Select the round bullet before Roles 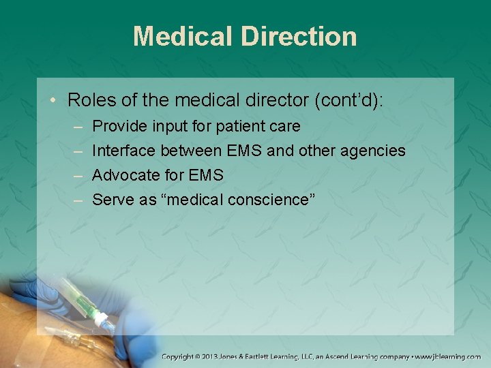(55, 101)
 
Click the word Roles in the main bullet (89, 101)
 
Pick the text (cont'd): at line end (349, 101)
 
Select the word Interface (123, 151)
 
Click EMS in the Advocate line (206, 175)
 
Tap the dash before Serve (78, 200)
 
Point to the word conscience (266, 200)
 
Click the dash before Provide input (78, 127)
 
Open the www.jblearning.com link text (450, 356)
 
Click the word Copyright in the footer (180, 356)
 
